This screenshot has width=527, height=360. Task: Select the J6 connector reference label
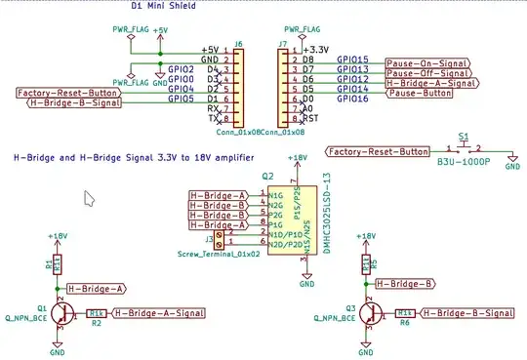point(239,44)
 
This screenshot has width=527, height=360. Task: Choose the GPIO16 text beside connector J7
point(352,100)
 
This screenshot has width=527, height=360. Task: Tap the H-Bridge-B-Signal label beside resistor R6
point(467,313)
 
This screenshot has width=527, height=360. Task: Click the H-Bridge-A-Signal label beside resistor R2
point(159,313)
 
